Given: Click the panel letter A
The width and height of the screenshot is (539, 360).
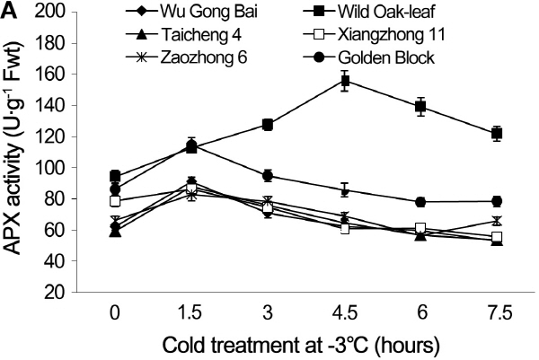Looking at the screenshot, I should [8, 9].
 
